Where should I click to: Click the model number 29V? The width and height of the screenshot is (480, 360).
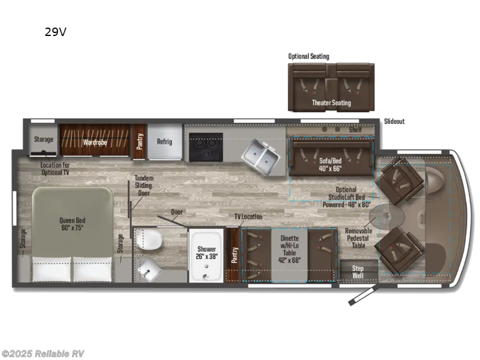pos(55,32)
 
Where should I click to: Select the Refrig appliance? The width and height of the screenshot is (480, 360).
pos(164,142)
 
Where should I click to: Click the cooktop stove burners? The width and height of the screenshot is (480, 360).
pos(206,148)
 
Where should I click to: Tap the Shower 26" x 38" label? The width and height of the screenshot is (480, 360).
pos(206,253)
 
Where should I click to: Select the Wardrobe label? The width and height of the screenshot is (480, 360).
pos(95,142)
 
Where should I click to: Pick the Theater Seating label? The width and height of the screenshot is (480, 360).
pos(331,103)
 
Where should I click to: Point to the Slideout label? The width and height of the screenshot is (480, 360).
pos(394,121)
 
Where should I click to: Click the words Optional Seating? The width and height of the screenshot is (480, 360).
pos(308,56)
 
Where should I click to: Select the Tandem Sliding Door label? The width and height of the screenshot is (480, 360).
pos(144,186)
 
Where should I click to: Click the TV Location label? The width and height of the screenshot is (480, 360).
pos(248,216)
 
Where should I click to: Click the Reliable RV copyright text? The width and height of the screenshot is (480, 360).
pos(43,353)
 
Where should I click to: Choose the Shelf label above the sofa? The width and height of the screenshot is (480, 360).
pos(355,130)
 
